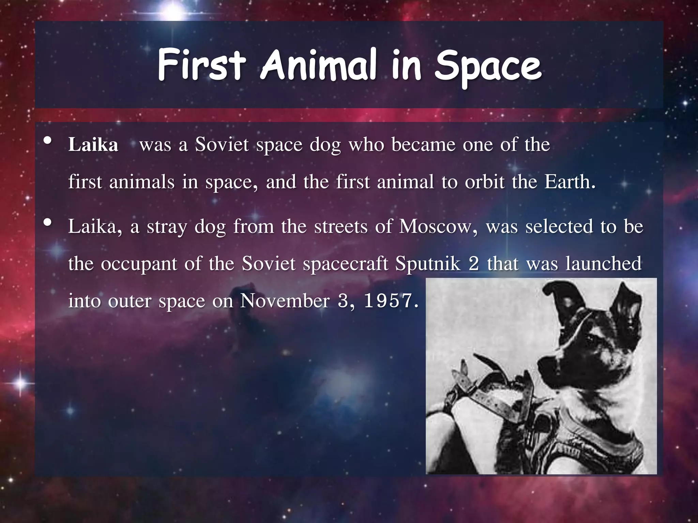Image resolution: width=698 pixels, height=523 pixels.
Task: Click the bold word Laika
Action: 93,145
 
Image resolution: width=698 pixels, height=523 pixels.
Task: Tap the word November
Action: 285,301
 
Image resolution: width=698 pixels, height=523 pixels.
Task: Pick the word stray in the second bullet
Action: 167,227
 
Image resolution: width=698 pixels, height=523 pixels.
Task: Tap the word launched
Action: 603,264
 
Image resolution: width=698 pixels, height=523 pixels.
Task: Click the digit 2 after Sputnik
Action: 474,264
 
